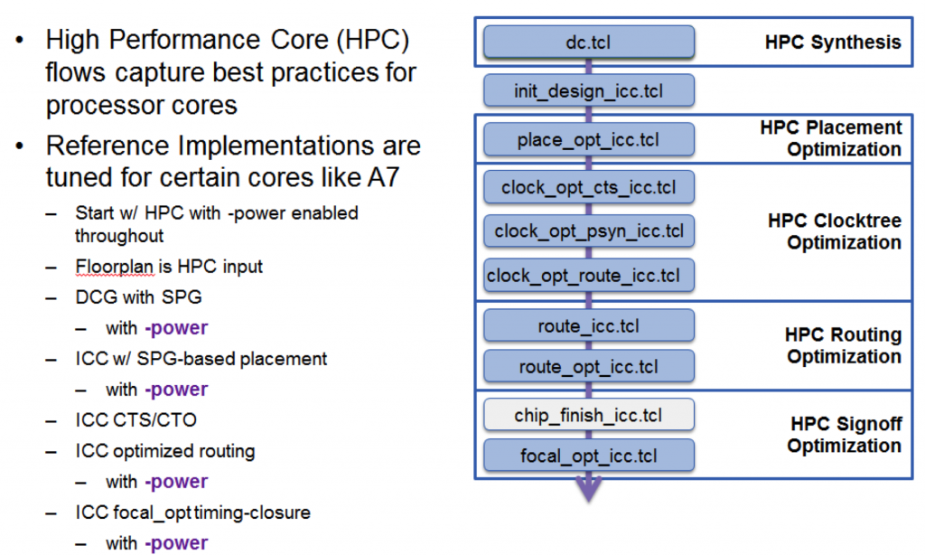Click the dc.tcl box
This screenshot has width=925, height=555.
pyautogui.click(x=589, y=42)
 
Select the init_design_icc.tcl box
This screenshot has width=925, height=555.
pyautogui.click(x=589, y=90)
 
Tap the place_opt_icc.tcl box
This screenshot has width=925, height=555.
pyautogui.click(x=589, y=139)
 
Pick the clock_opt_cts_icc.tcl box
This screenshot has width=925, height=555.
pyautogui.click(x=589, y=187)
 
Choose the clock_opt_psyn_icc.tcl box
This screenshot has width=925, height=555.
pyautogui.click(x=589, y=230)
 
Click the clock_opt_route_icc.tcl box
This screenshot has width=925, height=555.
pyautogui.click(x=589, y=275)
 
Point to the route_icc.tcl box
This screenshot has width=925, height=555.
pyautogui.click(x=589, y=325)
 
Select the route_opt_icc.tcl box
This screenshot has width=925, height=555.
pyautogui.click(x=589, y=366)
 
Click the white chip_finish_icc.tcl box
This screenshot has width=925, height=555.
pyautogui.click(x=589, y=415)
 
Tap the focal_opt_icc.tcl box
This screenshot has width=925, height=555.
pyautogui.click(x=589, y=456)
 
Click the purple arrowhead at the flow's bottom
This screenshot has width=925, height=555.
pyautogui.click(x=589, y=488)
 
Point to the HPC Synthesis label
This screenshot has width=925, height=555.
pyautogui.click(x=833, y=42)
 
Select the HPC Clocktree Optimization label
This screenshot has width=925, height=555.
pyautogui.click(x=835, y=231)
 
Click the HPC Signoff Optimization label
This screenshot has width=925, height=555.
pyautogui.click(x=845, y=435)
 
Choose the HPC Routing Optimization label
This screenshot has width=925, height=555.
pyautogui.click(x=843, y=345)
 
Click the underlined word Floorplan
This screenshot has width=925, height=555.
pyautogui.click(x=115, y=267)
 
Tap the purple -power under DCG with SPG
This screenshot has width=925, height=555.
pyautogui.click(x=176, y=328)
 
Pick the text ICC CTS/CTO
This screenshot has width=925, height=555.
pyautogui.click(x=135, y=419)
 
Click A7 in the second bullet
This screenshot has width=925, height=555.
pyautogui.click(x=383, y=177)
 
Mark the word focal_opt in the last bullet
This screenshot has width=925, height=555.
pyautogui.click(x=152, y=513)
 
